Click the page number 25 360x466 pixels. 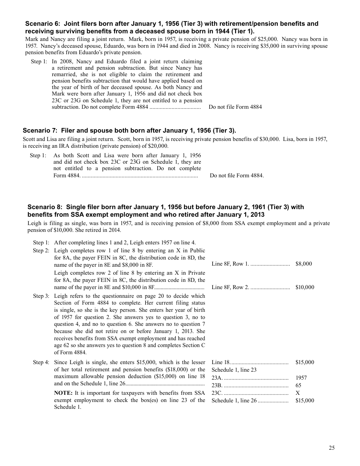coord(332,448)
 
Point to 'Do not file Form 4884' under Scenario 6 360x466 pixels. coord(235,107)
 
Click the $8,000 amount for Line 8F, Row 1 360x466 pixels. coord(304,264)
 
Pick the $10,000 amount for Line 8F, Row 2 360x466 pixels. coord(305,287)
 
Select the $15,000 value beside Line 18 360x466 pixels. coord(305,362)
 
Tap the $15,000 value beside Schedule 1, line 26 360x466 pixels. coord(305,400)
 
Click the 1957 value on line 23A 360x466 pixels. coord(301,378)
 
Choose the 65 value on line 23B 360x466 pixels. coord(298,385)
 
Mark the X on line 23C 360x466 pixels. coord(297,393)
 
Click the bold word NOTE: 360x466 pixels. coord(63,393)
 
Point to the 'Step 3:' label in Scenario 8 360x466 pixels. coord(41,296)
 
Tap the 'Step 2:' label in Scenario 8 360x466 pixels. coord(41,250)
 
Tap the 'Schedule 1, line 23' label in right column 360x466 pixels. coord(234,370)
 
